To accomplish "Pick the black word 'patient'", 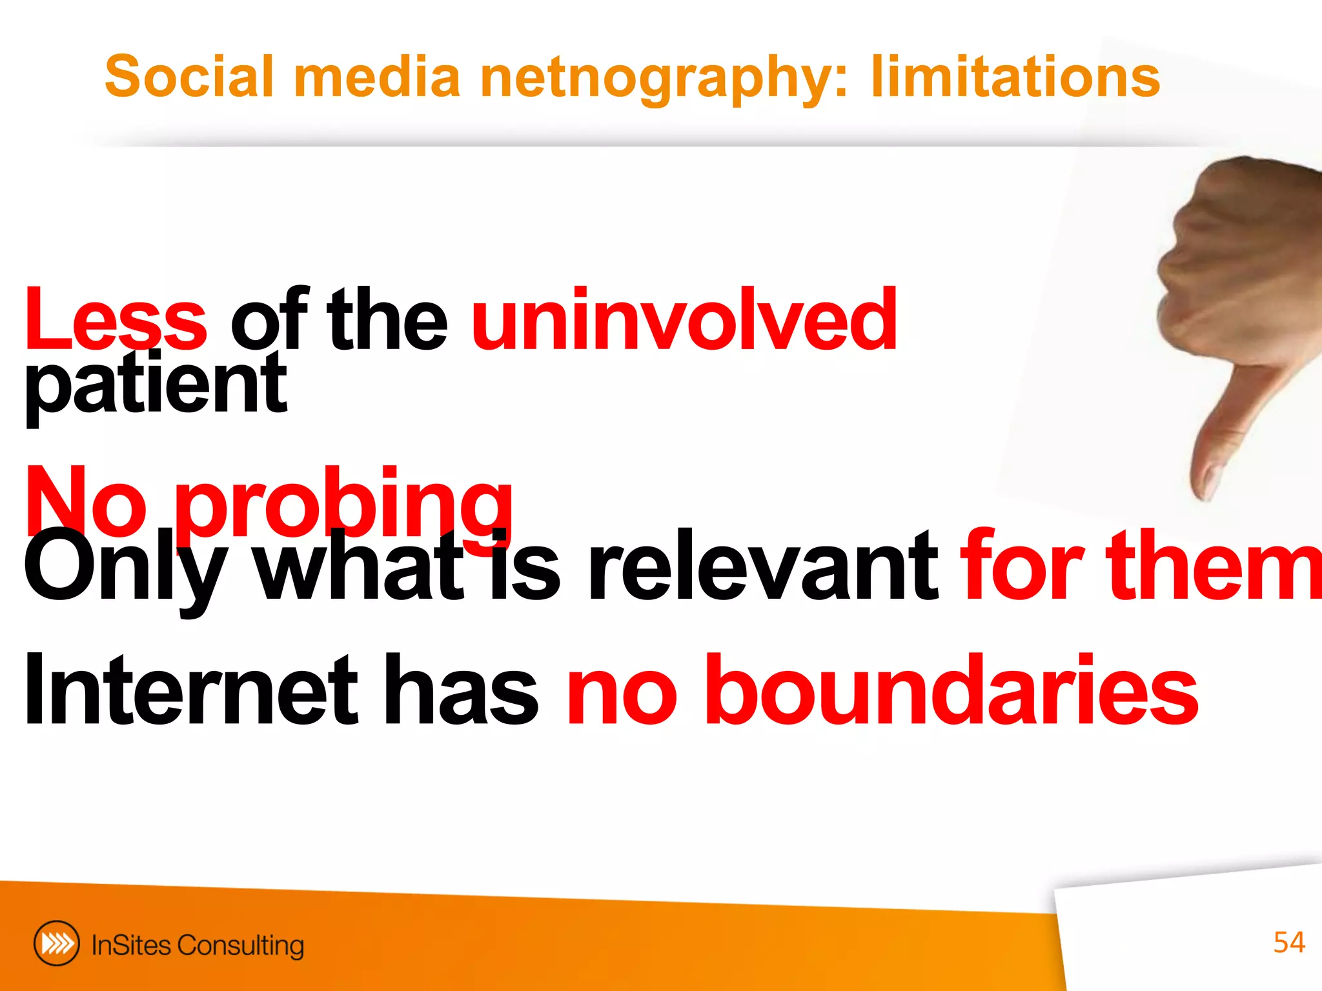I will point(155,386).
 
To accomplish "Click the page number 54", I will point(1288,943).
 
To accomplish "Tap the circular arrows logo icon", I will point(57,943).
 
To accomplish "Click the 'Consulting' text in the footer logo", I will point(240,946).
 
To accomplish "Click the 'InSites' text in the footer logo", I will point(132,945).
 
